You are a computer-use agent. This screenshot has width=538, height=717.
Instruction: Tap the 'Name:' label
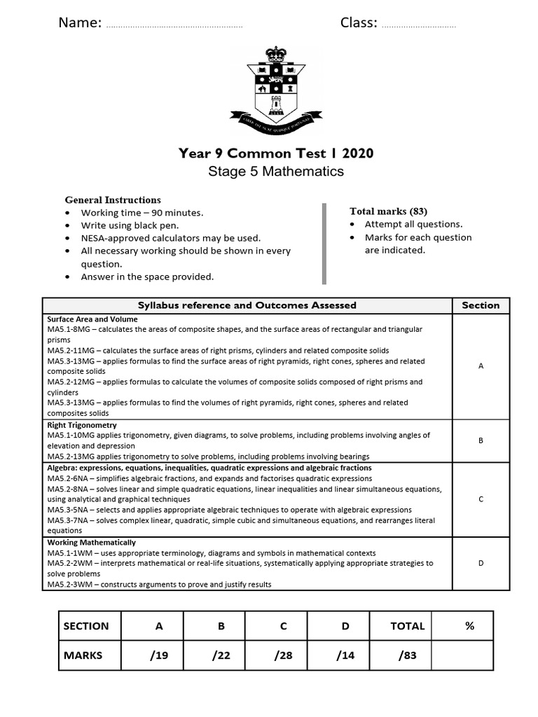pyautogui.click(x=80, y=23)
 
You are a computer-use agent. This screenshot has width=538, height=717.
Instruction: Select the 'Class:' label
pyautogui.click(x=359, y=23)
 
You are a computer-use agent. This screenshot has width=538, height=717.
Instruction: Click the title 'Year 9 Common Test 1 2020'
pyautogui.click(x=276, y=153)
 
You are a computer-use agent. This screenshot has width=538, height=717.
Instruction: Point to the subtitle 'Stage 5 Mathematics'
pyautogui.click(x=276, y=172)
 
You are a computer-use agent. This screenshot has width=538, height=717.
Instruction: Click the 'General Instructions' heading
pyautogui.click(x=113, y=200)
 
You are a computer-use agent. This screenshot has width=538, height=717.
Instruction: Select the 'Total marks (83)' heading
pyautogui.click(x=388, y=211)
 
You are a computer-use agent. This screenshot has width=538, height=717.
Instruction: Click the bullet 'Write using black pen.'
pyautogui.click(x=130, y=225)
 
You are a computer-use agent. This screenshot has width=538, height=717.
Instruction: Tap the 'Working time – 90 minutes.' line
pyautogui.click(x=142, y=213)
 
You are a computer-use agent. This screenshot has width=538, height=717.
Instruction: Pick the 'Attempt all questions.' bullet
pyautogui.click(x=413, y=224)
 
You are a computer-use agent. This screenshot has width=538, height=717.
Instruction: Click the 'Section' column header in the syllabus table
pyautogui.click(x=481, y=305)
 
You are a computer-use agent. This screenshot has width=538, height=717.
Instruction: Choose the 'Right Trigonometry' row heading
pyautogui.click(x=82, y=425)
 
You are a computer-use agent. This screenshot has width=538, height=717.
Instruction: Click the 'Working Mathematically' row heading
pyautogui.click(x=92, y=543)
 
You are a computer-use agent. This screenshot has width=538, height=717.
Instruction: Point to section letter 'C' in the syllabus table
pyautogui.click(x=481, y=499)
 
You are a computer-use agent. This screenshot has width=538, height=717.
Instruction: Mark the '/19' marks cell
pyautogui.click(x=159, y=655)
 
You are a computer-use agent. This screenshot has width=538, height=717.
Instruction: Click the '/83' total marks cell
pyautogui.click(x=408, y=655)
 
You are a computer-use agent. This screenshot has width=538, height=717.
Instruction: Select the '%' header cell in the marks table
pyautogui.click(x=469, y=626)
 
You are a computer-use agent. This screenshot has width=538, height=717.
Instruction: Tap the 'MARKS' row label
pyautogui.click(x=83, y=655)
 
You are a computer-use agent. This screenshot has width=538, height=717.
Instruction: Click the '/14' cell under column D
pyautogui.click(x=345, y=655)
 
